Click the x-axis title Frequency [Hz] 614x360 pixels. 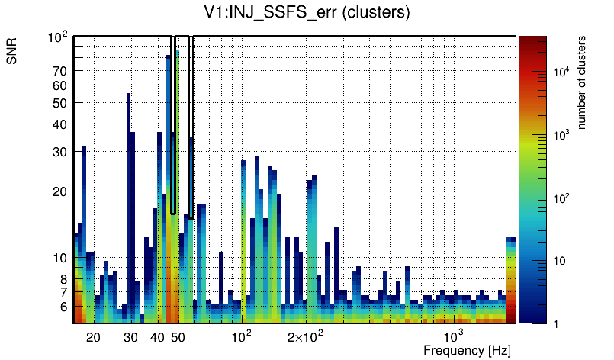click(x=466, y=350)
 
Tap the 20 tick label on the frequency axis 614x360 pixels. click(x=93, y=337)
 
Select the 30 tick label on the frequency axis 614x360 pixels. click(x=130, y=337)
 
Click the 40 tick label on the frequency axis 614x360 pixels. click(x=157, y=337)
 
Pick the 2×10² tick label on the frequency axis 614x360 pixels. click(x=305, y=336)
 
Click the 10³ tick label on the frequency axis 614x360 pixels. click(x=453, y=336)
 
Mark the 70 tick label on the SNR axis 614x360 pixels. click(x=60, y=71)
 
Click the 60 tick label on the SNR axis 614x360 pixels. click(x=60, y=85)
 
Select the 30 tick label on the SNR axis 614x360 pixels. click(x=60, y=152)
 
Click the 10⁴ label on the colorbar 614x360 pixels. click(x=561, y=71)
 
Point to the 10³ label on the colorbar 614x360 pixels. click(x=561, y=134)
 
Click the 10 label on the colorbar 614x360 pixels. click(x=558, y=261)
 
